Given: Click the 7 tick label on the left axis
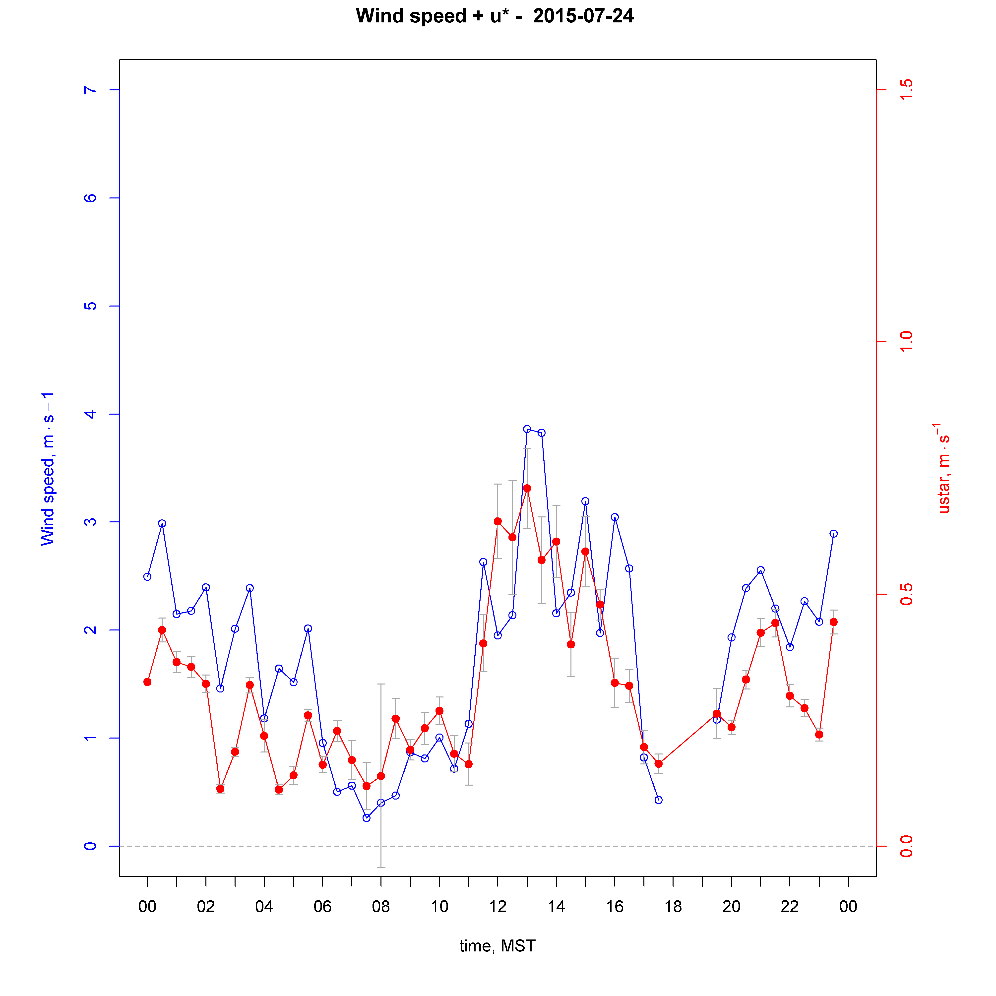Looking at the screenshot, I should pyautogui.click(x=90, y=90).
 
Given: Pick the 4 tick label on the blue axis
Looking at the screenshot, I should pyautogui.click(x=90, y=414).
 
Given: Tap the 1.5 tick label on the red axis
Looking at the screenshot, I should pyautogui.click(x=906, y=90).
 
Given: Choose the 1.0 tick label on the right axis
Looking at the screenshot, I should pyautogui.click(x=906, y=342).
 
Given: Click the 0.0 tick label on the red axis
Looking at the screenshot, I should pyautogui.click(x=906, y=846).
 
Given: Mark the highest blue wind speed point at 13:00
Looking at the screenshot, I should pyautogui.click(x=527, y=429).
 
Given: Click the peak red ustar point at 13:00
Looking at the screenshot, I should pyautogui.click(x=527, y=488).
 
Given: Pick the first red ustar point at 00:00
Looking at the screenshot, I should pyautogui.click(x=147, y=682).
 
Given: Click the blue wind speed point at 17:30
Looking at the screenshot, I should pyautogui.click(x=658, y=800).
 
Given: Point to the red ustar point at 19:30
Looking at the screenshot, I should pyautogui.click(x=717, y=713).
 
